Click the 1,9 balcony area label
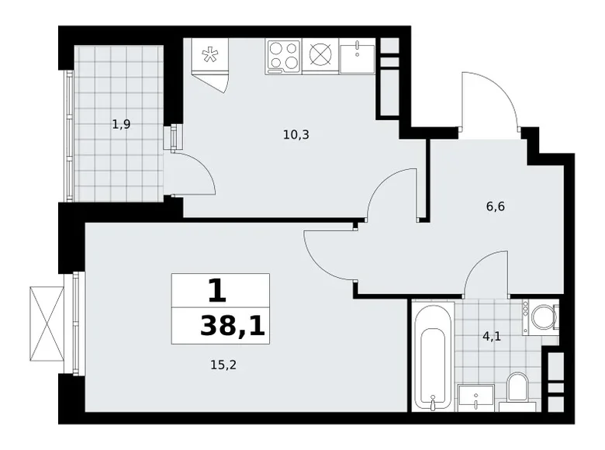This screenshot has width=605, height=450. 120,124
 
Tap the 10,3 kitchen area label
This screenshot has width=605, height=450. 296,134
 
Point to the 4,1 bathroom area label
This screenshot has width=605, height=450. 492,337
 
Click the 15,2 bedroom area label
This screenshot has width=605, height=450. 223,365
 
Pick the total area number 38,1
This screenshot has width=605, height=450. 232,327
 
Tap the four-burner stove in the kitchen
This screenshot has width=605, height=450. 283,57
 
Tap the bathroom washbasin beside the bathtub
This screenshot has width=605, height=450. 473,396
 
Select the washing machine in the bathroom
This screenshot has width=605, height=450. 541,317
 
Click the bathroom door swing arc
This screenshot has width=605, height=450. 487,275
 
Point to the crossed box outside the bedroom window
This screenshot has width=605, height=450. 47,321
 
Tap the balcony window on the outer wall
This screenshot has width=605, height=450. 68,135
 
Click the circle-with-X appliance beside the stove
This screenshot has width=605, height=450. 320,56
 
